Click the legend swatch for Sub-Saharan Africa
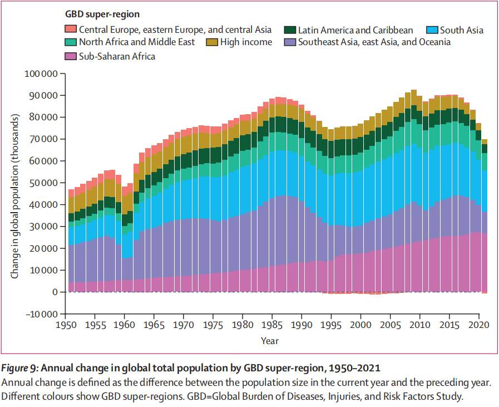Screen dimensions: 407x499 [71, 56]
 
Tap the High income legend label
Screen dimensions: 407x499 [246, 42]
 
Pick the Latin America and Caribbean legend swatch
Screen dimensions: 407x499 [290, 30]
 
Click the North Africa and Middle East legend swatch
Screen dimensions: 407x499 [71, 42]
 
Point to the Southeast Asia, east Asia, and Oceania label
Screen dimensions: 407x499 [374, 42]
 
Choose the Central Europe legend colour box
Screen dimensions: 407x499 [71, 30]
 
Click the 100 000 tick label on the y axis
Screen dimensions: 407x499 [42, 73]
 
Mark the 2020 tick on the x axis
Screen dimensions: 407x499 [478, 324]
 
